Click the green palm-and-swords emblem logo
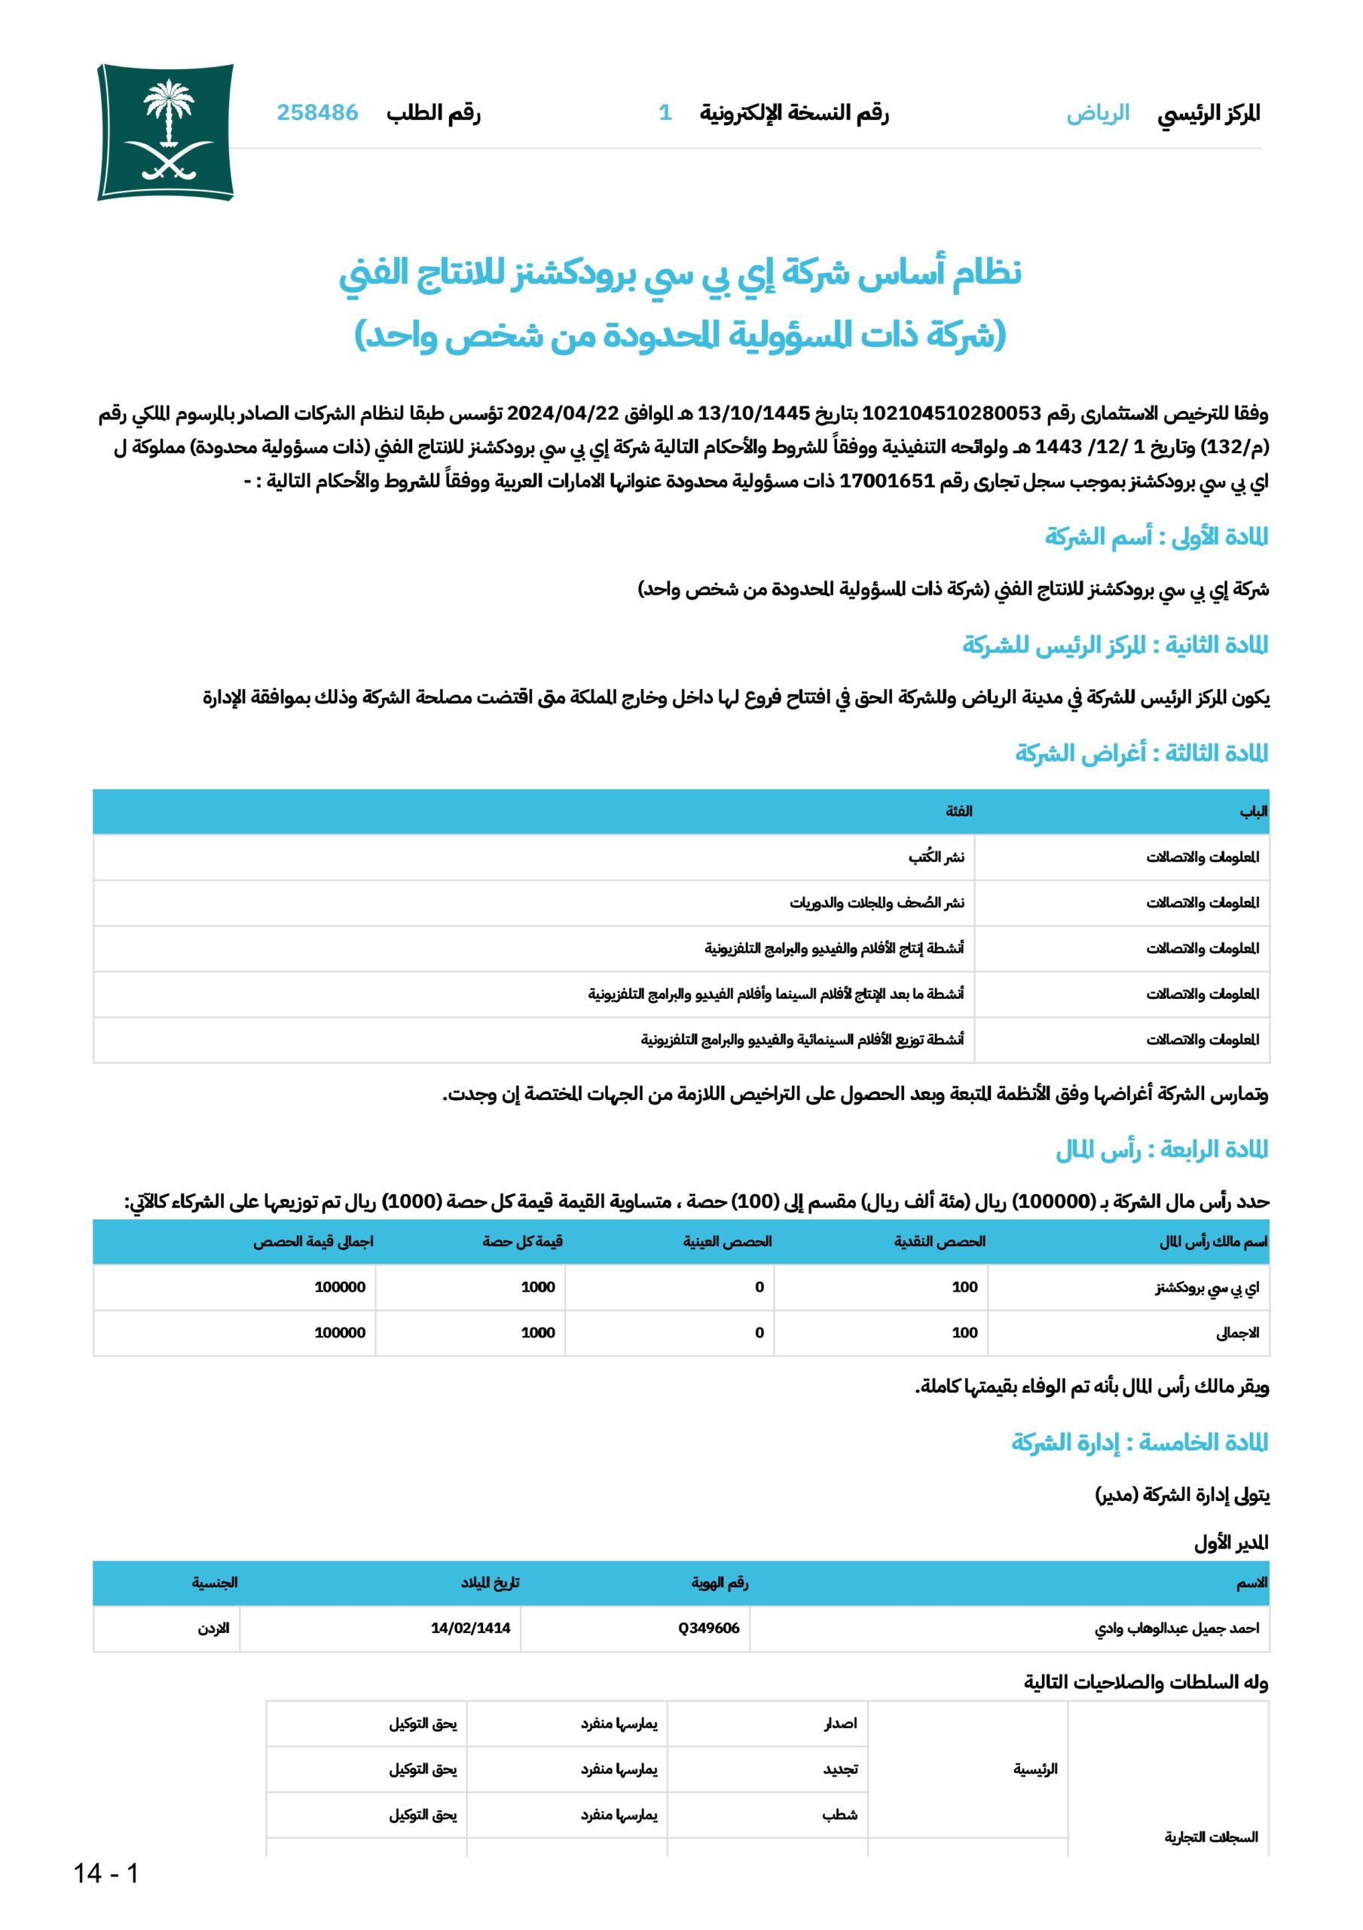pos(166,132)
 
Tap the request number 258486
pos(318,112)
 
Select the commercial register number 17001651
pos(888,481)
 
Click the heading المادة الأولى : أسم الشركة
pos(1157,536)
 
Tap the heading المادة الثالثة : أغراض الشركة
pos(1141,753)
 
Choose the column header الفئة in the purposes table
pos(959,811)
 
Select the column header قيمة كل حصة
pos(522,1242)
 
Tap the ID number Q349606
pos(708,1628)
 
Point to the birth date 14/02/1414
pos(471,1628)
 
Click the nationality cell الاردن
pos(213,1628)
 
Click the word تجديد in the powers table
pos(840,1769)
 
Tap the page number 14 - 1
pos(106,1873)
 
